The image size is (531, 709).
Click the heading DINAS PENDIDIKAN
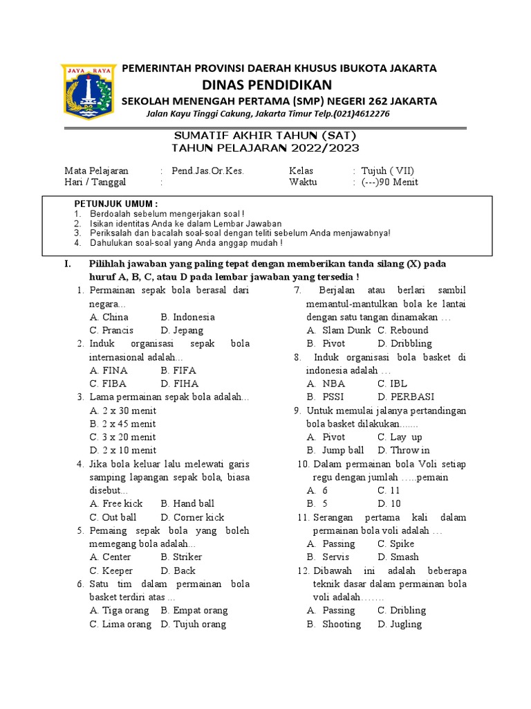click(266, 84)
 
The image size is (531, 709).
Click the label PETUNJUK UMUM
click(115, 204)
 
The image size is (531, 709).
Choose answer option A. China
click(109, 317)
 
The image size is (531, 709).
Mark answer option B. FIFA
click(179, 370)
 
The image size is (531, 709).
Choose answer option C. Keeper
click(111, 571)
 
